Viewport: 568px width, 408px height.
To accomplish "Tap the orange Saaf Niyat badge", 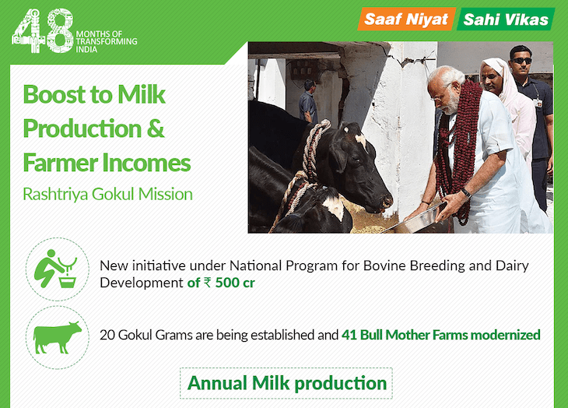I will [x=406, y=19].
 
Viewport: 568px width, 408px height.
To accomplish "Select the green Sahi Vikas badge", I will [x=505, y=19].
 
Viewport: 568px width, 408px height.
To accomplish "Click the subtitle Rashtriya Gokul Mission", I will [x=107, y=194].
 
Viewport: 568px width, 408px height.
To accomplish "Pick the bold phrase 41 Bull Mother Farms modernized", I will [x=441, y=335].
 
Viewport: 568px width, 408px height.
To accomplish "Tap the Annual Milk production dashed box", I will [x=286, y=383].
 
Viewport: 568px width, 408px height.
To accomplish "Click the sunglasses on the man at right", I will [x=521, y=61].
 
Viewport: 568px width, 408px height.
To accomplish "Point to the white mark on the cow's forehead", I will [x=360, y=142].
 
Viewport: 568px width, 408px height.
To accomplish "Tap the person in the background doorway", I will [x=308, y=101].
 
